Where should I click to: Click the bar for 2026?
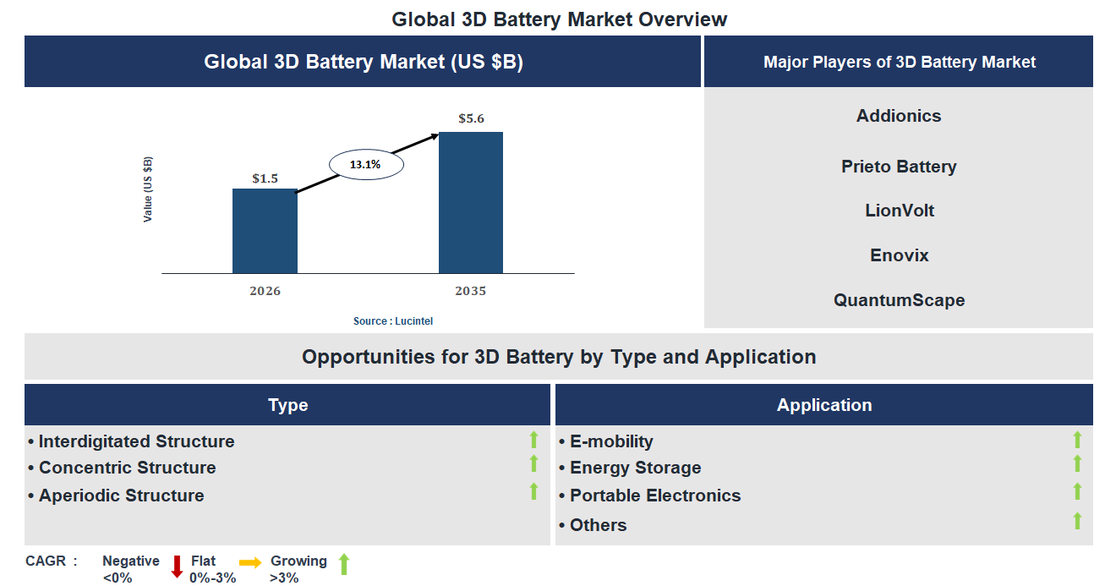pyautogui.click(x=265, y=231)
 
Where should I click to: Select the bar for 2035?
pyautogui.click(x=470, y=203)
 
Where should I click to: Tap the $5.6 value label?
pyautogui.click(x=471, y=118)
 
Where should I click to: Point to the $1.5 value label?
pyautogui.click(x=265, y=178)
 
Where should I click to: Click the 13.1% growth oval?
pyautogui.click(x=365, y=165)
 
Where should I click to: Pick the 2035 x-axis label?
pyautogui.click(x=470, y=291)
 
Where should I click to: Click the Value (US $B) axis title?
pyautogui.click(x=148, y=189)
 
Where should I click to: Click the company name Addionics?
pyautogui.click(x=898, y=116)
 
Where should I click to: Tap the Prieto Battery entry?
pyautogui.click(x=898, y=167)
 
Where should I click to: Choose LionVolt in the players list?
pyautogui.click(x=899, y=211)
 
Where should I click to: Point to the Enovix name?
pyautogui.click(x=899, y=255)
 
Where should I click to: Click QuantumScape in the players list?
pyautogui.click(x=899, y=300)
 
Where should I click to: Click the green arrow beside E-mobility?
pyautogui.click(x=1077, y=440)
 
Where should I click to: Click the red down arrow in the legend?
pyautogui.click(x=177, y=567)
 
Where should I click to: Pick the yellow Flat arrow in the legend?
pyautogui.click(x=250, y=562)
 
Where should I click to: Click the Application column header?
pyautogui.click(x=824, y=405)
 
